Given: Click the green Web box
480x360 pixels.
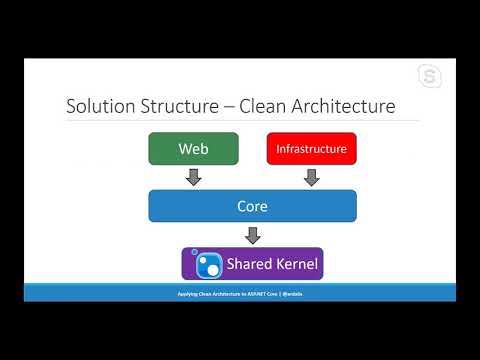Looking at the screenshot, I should (x=193, y=149).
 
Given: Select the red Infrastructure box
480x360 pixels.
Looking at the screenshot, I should (x=311, y=149).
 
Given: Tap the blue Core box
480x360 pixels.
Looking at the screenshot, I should (x=252, y=206).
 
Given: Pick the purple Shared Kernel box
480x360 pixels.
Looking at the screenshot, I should (x=252, y=264).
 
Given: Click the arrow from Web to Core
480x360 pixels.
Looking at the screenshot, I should (x=193, y=177).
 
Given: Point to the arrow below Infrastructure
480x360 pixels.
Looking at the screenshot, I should (x=311, y=177).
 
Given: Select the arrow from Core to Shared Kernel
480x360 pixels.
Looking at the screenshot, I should (x=252, y=235).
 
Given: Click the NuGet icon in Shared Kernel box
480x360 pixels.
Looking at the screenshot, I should (x=207, y=264).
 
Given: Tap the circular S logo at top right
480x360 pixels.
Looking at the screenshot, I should (x=431, y=77).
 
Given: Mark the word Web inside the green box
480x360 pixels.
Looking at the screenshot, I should (x=193, y=149).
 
